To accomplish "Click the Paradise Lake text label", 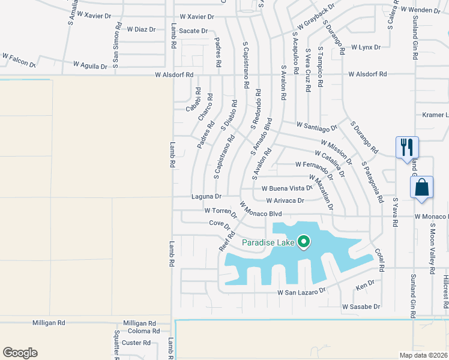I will pyautogui.click(x=268, y=242).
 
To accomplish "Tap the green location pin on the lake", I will pyautogui.click(x=304, y=242).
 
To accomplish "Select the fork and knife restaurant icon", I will pyautogui.click(x=407, y=146).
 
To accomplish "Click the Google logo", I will pyautogui.click(x=20, y=353).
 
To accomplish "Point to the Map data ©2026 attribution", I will pyautogui.click(x=424, y=355).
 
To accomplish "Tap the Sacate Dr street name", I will pyautogui.click(x=193, y=31).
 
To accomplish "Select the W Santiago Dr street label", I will pyautogui.click(x=317, y=126).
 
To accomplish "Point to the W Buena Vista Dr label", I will pyautogui.click(x=287, y=188).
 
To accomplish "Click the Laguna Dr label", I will pyautogui.click(x=206, y=196).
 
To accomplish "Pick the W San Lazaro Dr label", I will pyautogui.click(x=301, y=291).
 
